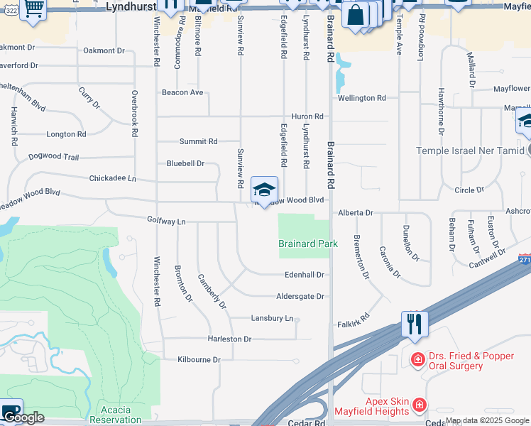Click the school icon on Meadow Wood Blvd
(x=264, y=191)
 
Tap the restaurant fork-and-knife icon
(x=415, y=324)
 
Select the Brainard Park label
(x=307, y=244)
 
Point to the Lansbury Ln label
(x=272, y=319)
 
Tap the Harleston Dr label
(x=229, y=339)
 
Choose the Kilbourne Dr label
(x=199, y=360)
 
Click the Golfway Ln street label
(x=166, y=222)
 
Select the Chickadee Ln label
(x=112, y=178)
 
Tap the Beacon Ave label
(x=182, y=92)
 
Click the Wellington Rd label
(x=362, y=98)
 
